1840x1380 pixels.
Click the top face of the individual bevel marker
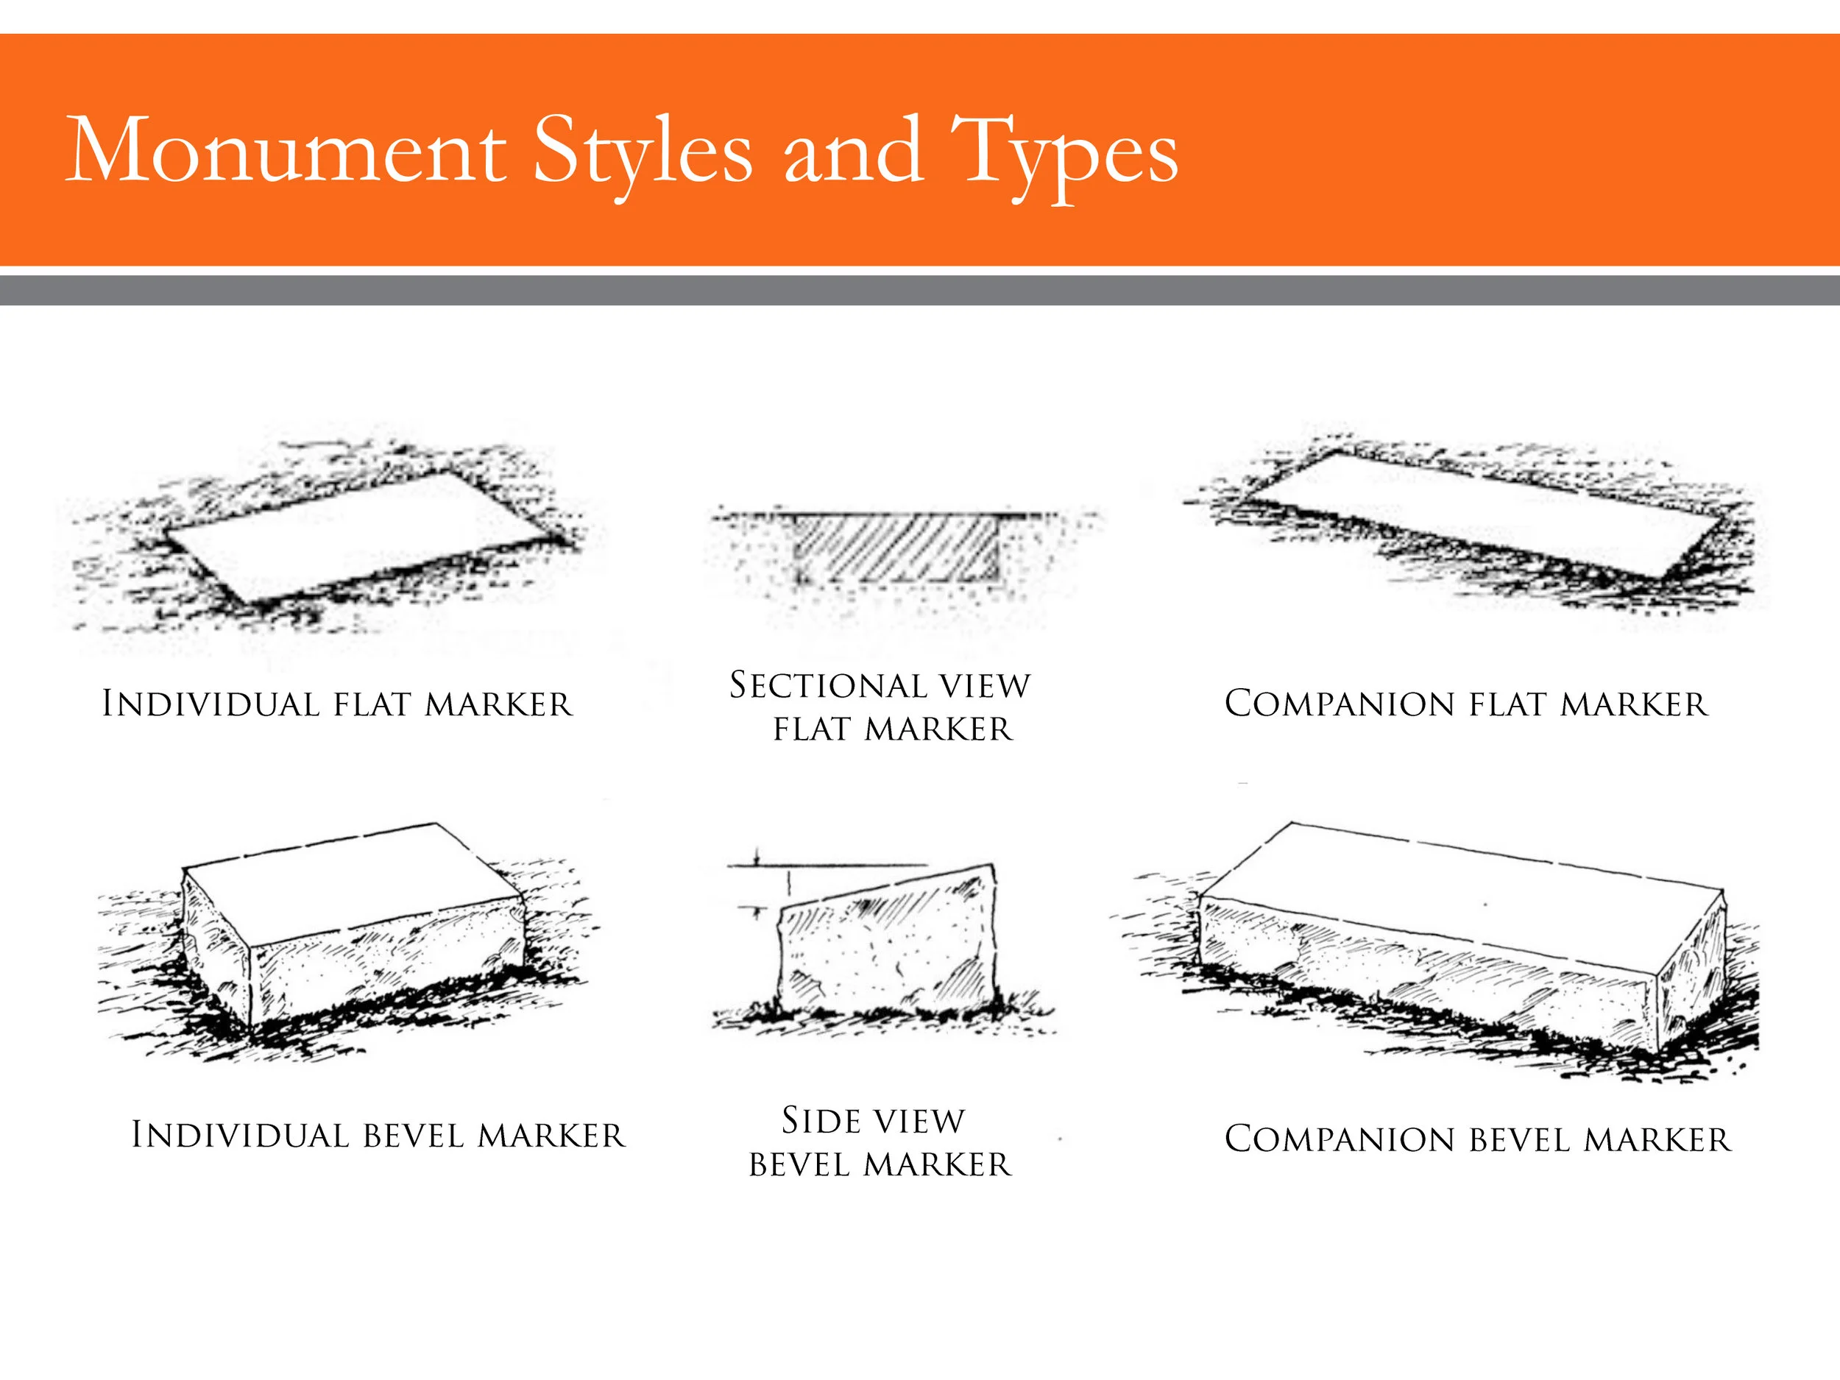350,882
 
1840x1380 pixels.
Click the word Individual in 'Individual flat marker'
210,704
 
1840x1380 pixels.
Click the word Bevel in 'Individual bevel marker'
414,1136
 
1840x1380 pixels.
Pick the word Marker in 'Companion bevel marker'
1657,1139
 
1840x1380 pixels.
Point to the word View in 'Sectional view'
985,685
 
